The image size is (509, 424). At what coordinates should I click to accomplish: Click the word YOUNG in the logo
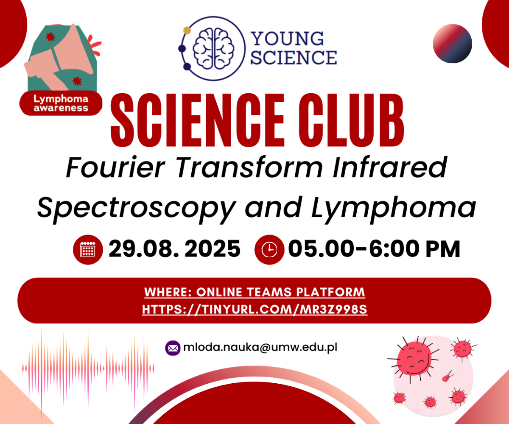coord(288,39)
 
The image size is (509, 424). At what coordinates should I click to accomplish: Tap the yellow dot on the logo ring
coord(187,30)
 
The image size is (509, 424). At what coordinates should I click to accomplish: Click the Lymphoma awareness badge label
coord(61,103)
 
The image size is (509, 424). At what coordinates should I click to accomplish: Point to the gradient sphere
coord(453,44)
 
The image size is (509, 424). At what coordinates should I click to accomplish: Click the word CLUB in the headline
coord(351,120)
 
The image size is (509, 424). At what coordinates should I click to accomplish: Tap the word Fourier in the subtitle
coord(115,167)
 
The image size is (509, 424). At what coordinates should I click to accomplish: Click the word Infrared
coord(390,167)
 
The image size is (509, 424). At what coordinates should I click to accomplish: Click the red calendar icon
coord(88,250)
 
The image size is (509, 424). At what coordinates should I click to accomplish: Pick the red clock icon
coord(269,250)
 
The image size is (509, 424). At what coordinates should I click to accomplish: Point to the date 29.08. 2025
coord(174,249)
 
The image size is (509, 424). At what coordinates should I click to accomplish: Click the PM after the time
coord(443,249)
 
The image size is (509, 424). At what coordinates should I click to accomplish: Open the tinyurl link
coord(255,310)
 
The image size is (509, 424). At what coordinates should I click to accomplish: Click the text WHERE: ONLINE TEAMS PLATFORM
coord(255,292)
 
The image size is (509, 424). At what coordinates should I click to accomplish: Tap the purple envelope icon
coord(173,348)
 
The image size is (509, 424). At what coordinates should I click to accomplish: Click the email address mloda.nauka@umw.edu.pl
coord(260,347)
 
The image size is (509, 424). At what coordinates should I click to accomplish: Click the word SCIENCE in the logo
coord(294,58)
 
